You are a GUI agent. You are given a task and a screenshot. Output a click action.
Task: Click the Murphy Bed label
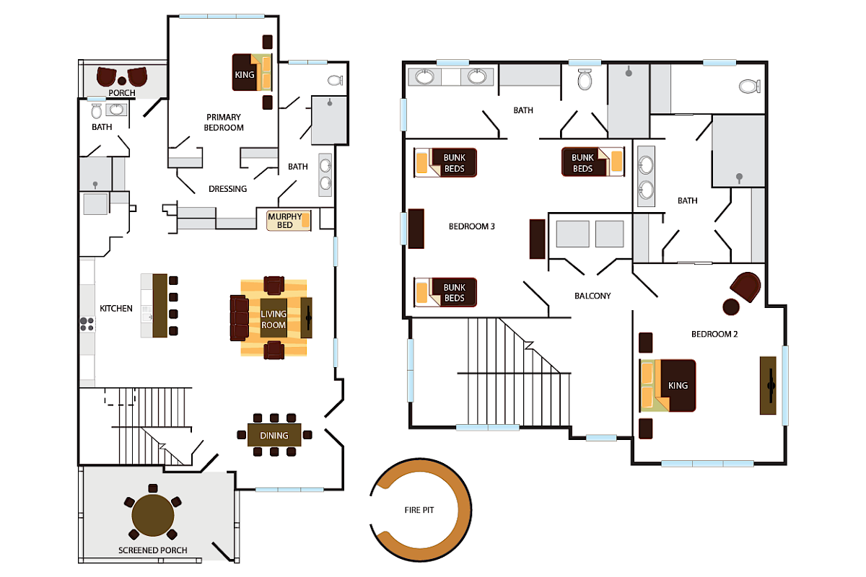point(284,221)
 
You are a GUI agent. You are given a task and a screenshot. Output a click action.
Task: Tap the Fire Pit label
point(419,509)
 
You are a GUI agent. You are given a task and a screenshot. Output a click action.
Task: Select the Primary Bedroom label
point(224,122)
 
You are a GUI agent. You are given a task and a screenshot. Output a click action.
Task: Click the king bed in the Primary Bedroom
point(252,73)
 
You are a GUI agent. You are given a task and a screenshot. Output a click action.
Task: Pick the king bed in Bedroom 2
point(668,385)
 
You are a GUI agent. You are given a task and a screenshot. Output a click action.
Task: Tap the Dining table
point(274,435)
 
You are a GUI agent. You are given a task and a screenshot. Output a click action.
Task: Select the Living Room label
point(274,320)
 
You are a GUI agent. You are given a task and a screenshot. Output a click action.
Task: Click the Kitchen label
point(116,309)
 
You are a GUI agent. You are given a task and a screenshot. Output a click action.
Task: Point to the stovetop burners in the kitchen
point(87,325)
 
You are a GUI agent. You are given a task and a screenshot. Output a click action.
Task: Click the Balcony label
point(592,296)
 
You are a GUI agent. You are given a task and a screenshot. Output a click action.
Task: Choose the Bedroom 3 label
point(472,226)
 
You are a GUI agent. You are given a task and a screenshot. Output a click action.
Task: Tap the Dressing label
point(227,189)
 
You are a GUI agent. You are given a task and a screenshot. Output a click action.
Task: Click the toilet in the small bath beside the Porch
point(96,111)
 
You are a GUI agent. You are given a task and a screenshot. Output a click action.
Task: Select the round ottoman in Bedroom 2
point(731,307)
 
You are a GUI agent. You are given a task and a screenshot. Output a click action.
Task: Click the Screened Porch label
point(153,550)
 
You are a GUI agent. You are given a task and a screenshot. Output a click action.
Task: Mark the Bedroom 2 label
point(714,334)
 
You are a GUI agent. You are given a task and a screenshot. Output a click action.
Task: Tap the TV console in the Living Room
point(307,317)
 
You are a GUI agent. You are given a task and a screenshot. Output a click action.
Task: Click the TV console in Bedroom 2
point(768,385)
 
